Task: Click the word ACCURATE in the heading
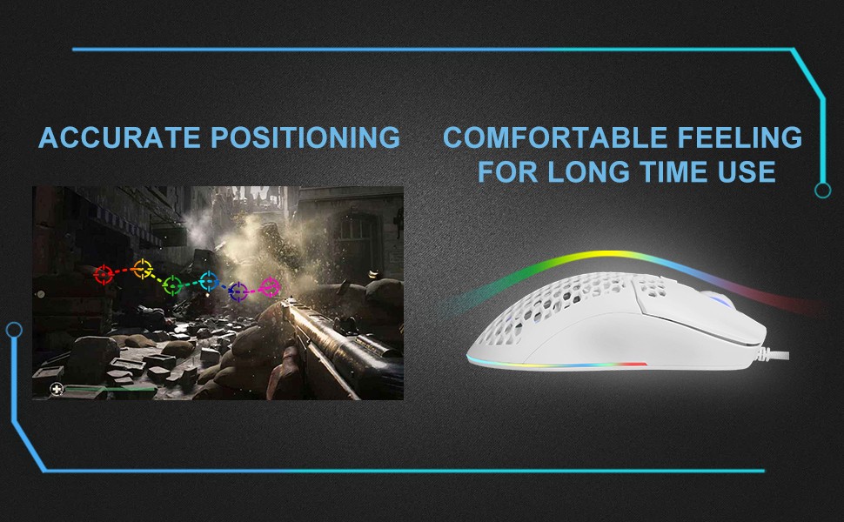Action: click(119, 137)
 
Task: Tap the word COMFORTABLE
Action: click(555, 137)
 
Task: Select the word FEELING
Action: click(740, 137)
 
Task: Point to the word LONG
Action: click(589, 171)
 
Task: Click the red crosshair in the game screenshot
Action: click(104, 274)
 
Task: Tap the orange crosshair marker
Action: click(143, 269)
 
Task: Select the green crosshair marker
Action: click(173, 285)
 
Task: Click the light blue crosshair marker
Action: click(209, 281)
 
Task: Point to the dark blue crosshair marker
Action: click(238, 291)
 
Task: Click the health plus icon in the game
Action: click(57, 389)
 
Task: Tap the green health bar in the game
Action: click(111, 389)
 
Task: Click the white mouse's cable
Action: click(773, 353)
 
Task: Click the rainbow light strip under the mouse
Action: click(557, 365)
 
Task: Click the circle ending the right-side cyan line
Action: click(822, 190)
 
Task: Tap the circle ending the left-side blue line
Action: click(14, 330)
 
